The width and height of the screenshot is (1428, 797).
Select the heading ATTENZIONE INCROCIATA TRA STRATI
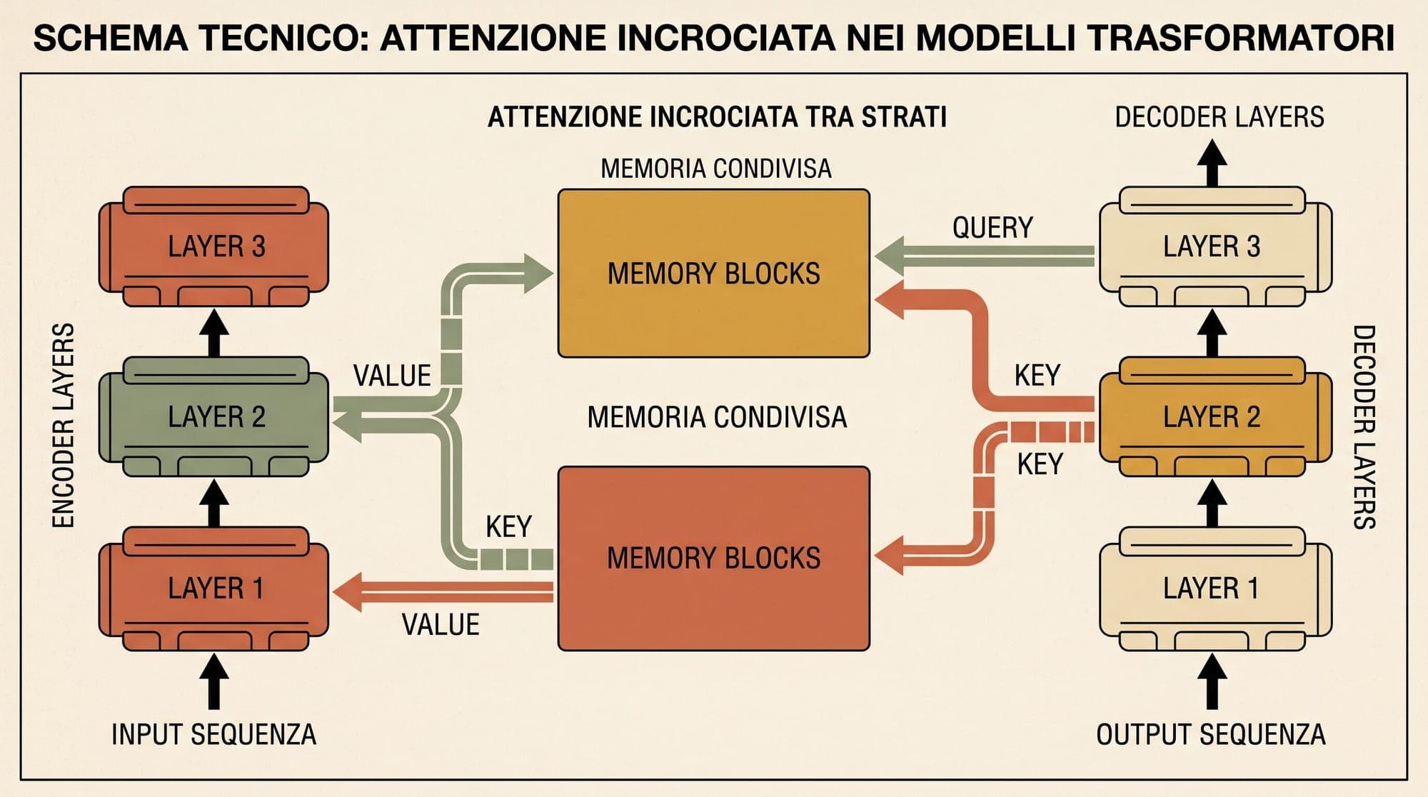[717, 116]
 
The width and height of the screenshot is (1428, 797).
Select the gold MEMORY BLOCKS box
[714, 274]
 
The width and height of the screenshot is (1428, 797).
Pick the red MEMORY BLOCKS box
[714, 558]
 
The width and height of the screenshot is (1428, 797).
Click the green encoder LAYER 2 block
[214, 417]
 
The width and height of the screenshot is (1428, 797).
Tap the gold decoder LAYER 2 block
[1215, 417]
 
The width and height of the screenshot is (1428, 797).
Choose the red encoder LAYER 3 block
[214, 246]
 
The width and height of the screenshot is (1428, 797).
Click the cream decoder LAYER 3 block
[1215, 246]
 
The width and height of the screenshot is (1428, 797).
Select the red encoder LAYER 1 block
[214, 588]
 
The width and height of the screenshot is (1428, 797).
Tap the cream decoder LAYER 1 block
[1215, 588]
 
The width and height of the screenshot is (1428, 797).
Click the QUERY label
[992, 228]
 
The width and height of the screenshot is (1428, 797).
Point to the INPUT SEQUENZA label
[213, 734]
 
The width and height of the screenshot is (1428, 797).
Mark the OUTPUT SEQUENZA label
[1211, 734]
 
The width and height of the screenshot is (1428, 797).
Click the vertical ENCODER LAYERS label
[64, 426]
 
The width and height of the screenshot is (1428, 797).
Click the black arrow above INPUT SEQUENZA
[214, 682]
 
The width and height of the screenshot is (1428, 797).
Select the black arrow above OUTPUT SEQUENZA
[1212, 682]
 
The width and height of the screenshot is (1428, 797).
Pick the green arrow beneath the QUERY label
[985, 256]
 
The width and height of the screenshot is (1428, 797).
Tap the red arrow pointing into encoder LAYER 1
[443, 591]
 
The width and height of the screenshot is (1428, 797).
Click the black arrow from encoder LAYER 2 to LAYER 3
[214, 333]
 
